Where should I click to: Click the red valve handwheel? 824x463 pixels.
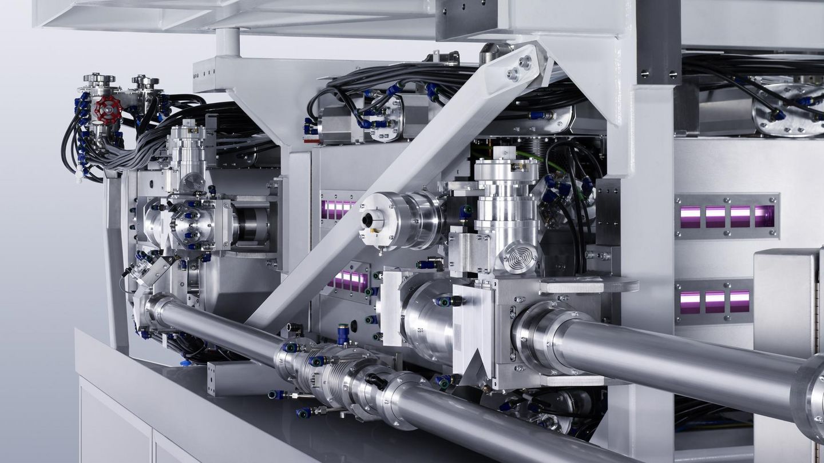tap(108, 109)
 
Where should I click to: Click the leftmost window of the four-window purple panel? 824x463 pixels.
tap(690, 217)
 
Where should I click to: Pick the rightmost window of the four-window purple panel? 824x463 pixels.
tap(764, 216)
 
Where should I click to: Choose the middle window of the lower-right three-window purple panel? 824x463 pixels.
tap(715, 301)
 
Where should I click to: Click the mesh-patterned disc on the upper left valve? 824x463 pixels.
tap(193, 181)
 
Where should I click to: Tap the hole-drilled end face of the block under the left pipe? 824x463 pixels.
tap(212, 378)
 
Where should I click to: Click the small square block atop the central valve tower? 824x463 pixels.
tap(506, 153)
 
